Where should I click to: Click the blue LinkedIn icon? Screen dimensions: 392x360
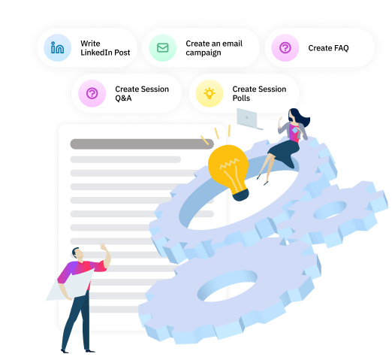tap(57, 47)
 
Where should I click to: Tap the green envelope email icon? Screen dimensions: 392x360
tap(163, 47)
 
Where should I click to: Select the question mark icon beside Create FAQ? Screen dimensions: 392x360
tap(285, 47)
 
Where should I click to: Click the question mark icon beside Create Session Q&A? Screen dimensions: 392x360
tap(92, 93)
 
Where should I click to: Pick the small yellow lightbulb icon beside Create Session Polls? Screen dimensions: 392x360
tap(210, 93)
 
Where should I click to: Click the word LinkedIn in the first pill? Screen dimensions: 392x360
tap(96, 53)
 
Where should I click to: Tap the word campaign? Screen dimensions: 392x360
tap(204, 53)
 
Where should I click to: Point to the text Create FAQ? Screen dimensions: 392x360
tap(328, 48)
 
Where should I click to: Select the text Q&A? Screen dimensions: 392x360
tap(123, 98)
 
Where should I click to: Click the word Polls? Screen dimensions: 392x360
tap(241, 98)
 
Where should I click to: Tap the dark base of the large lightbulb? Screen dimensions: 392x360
tap(241, 195)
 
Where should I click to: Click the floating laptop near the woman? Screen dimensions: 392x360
tap(249, 119)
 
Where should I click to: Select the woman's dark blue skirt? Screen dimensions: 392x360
tap(284, 153)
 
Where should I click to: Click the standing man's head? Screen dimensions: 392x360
tap(77, 254)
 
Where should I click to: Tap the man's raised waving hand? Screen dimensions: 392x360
tap(104, 247)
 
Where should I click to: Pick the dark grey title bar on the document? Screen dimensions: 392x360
tap(142, 144)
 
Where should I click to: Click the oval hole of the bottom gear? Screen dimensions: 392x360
tap(228, 286)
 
